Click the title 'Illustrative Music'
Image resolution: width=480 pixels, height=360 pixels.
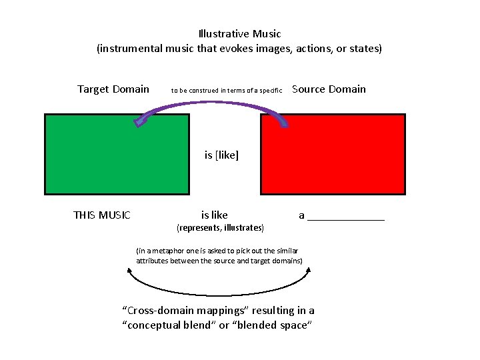[x=239, y=33]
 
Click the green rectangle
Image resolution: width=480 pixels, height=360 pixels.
[x=117, y=154]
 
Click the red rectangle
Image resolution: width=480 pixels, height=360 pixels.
[x=332, y=154]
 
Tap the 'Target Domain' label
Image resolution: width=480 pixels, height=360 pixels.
[x=113, y=89]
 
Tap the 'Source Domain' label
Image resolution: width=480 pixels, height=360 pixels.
[x=329, y=89]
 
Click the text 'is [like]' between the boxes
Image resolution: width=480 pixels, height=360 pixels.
[x=221, y=155]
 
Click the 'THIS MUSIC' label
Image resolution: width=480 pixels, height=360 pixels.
[x=101, y=215]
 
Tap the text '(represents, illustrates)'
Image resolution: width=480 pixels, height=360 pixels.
[x=220, y=228]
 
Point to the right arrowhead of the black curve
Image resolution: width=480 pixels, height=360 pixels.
[x=312, y=271]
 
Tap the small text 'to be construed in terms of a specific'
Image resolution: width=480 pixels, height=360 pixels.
[x=227, y=90]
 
